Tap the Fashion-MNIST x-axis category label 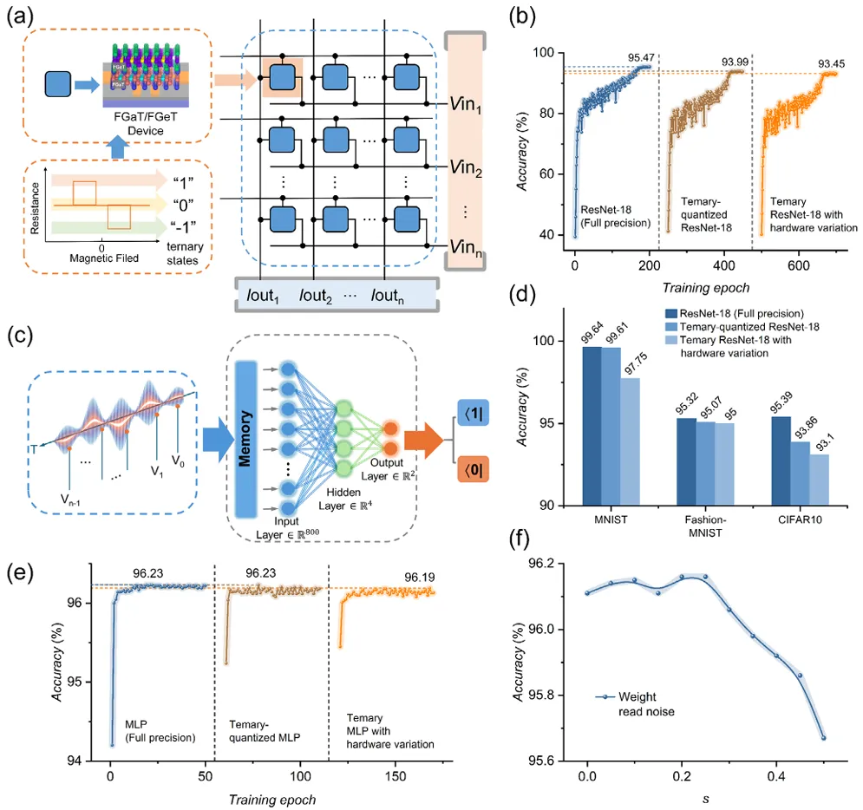point(696,526)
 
